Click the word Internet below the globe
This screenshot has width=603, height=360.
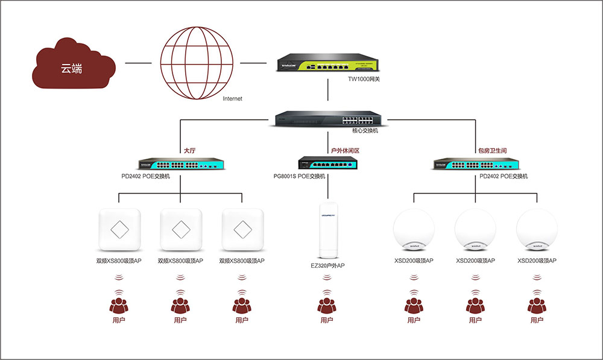232,98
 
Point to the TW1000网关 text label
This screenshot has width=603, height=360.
364,79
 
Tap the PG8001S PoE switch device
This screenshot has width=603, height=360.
328,163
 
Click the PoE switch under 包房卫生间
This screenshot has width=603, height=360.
476,164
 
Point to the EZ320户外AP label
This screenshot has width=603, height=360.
327,265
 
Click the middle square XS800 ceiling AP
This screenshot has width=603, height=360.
180,229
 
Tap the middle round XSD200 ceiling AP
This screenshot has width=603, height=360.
475,230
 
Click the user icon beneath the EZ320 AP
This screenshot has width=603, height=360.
326,305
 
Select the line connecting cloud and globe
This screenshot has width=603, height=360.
139,62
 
